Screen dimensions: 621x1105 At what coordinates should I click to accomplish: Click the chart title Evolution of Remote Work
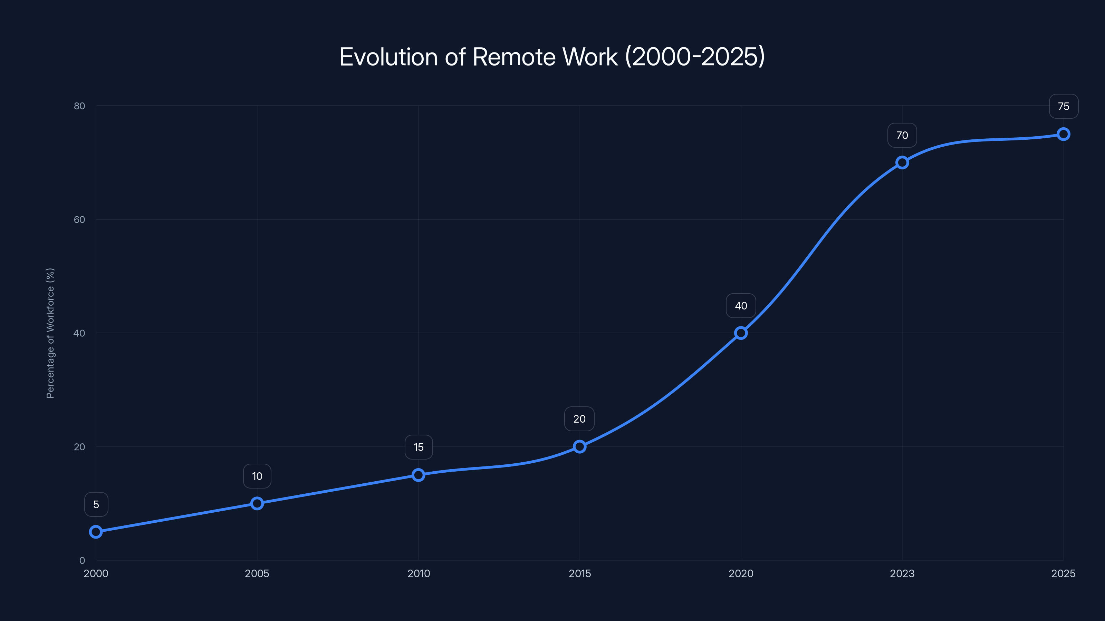[x=552, y=57]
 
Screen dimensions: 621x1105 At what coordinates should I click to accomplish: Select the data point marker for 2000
[x=96, y=532]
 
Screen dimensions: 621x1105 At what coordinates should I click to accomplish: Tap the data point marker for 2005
[x=257, y=503]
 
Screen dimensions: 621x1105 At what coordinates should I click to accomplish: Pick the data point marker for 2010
[x=418, y=475]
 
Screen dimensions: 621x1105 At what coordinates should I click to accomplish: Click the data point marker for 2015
[x=579, y=446]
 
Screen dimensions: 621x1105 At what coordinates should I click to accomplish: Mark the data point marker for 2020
[x=741, y=333]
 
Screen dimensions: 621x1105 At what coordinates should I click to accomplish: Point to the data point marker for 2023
[x=902, y=162]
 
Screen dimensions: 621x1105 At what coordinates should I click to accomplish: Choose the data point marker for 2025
[x=1064, y=134]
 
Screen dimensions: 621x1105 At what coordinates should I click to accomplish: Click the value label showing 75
[x=1064, y=106]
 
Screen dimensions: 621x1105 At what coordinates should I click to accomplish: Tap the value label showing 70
[x=902, y=136]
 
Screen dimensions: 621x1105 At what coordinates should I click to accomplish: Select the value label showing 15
[x=418, y=447]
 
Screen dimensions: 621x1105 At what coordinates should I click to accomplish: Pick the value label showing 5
[x=96, y=504]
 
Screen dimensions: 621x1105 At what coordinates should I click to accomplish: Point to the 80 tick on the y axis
[x=79, y=106]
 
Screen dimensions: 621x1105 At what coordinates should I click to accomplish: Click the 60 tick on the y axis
[x=79, y=219]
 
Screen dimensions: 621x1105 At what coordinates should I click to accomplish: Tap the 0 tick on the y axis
[x=82, y=560]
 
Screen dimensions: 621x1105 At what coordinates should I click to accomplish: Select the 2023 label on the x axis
[x=902, y=573]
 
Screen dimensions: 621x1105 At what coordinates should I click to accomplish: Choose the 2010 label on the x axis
[x=418, y=573]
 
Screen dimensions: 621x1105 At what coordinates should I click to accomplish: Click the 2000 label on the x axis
[x=96, y=573]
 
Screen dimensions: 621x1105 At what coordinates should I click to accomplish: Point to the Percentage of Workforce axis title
[x=50, y=333]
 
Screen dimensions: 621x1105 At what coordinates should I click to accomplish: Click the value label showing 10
[x=257, y=476]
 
